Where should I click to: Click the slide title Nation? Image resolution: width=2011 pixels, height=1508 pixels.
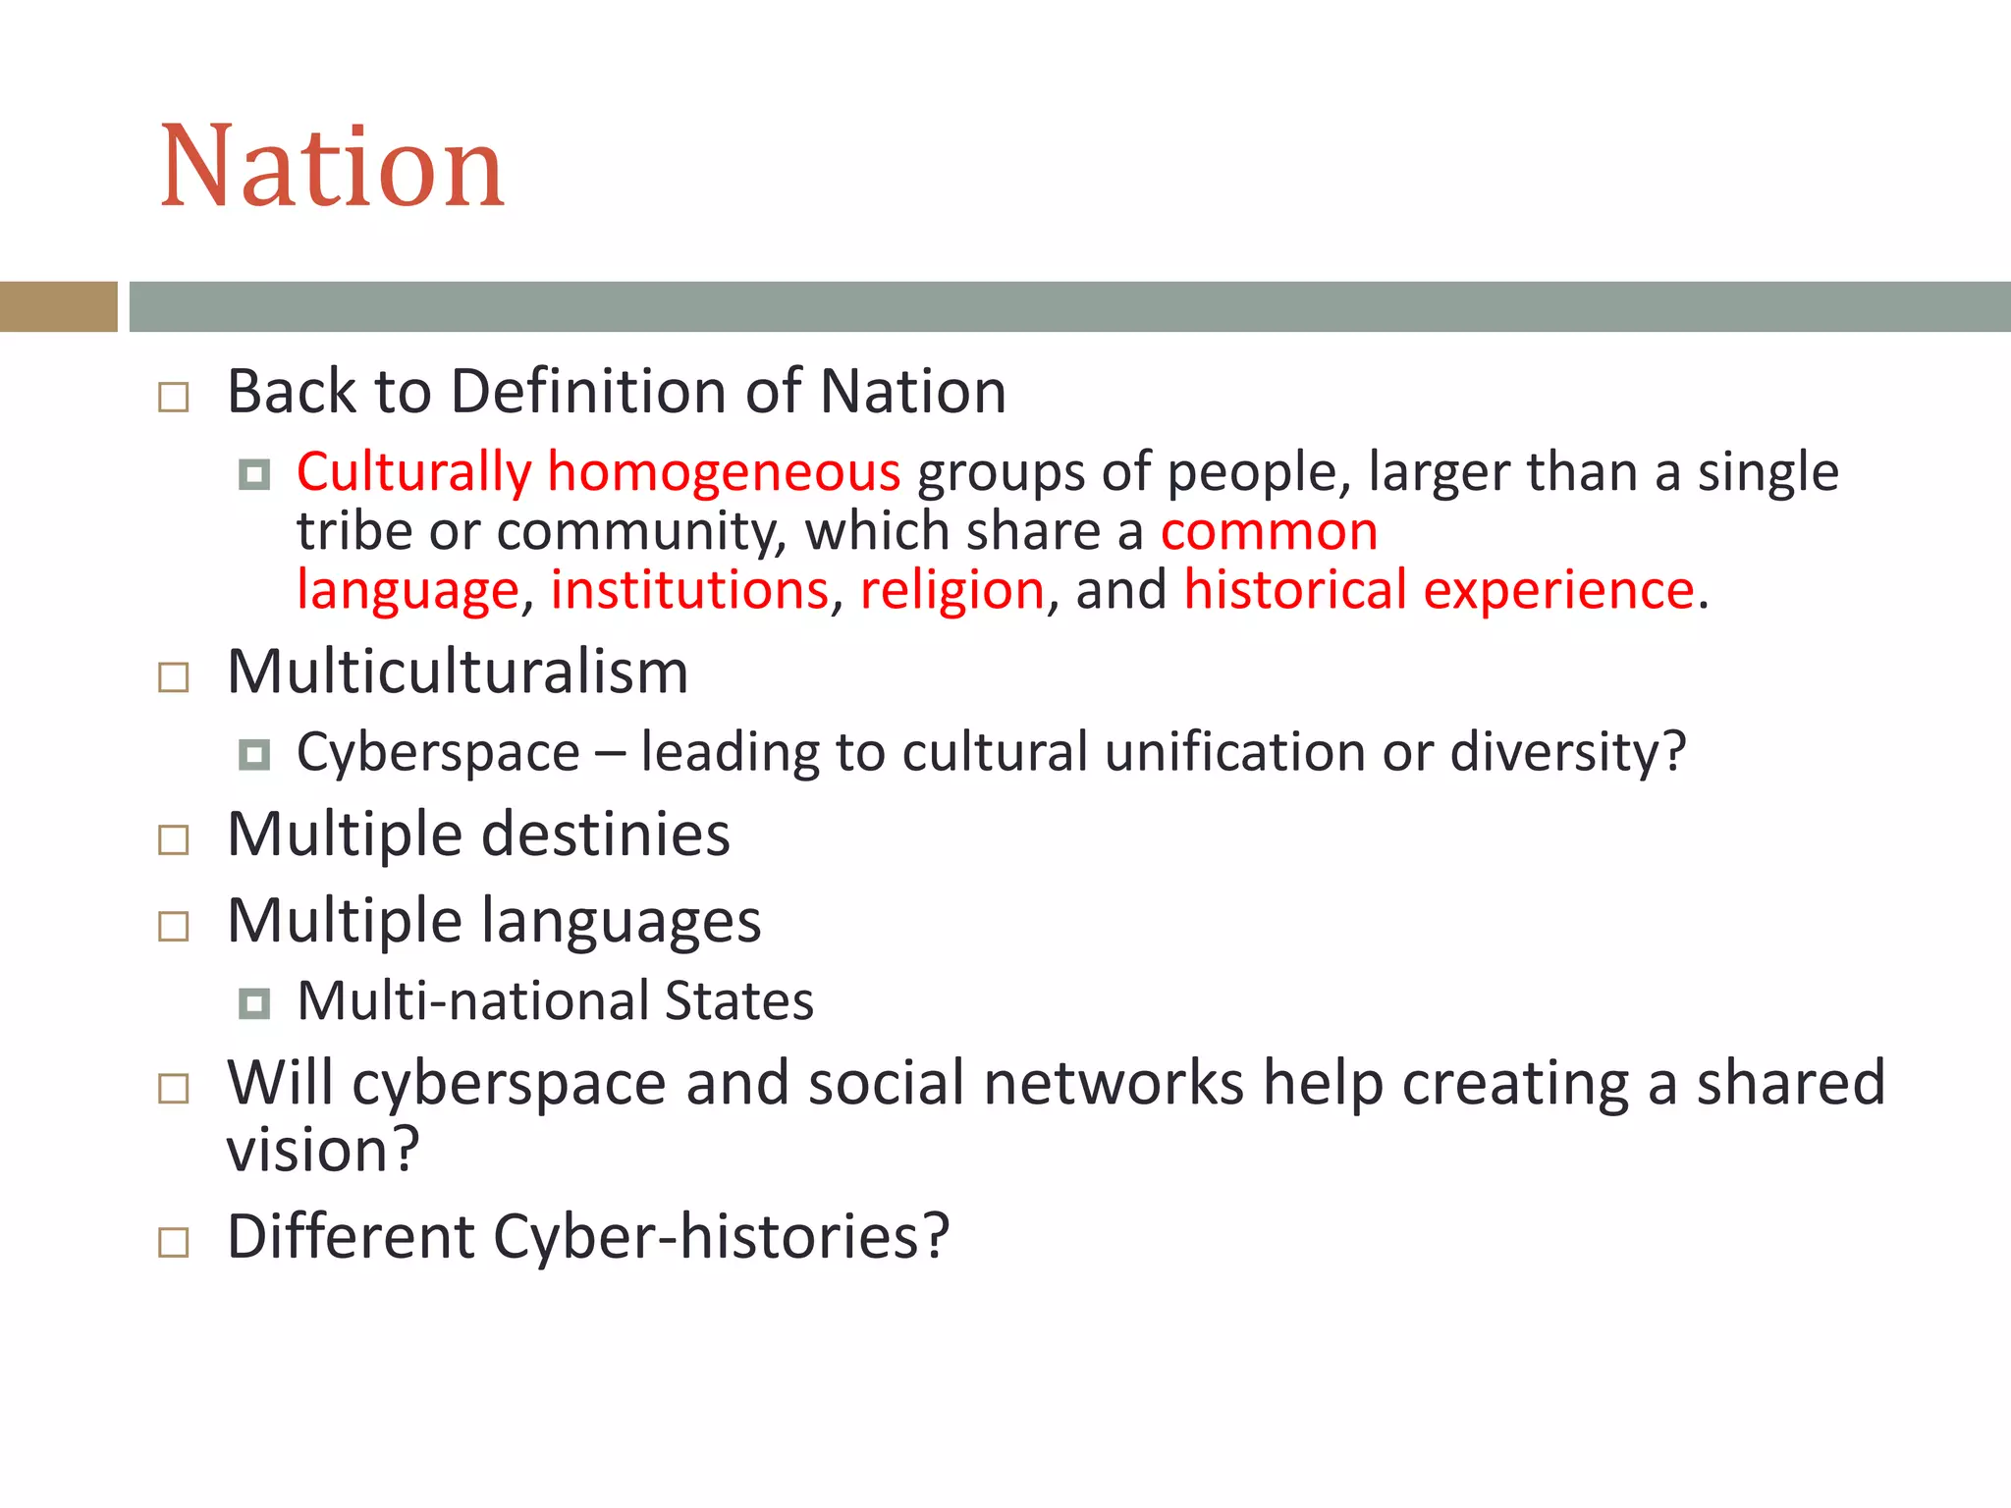coord(332,167)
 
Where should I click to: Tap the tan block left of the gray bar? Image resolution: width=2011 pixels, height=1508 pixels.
coord(58,306)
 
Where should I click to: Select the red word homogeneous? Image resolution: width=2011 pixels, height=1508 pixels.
coord(724,473)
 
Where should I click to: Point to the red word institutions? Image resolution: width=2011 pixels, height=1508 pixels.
coord(689,591)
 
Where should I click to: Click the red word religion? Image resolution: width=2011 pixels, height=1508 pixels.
coord(951,591)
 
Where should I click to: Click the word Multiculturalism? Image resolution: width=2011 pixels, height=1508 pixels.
coord(458,673)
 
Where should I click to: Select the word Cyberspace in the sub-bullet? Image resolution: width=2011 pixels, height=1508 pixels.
coord(438,754)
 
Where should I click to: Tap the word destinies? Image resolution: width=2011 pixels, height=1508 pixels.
coord(606,835)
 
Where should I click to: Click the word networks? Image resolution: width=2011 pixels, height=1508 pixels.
coord(1114,1084)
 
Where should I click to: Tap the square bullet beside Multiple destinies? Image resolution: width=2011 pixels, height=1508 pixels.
coord(174,839)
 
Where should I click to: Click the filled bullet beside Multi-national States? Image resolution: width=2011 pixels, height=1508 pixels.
coord(254,1003)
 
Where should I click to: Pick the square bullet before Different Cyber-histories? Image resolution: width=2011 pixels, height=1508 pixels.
coord(174,1242)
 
